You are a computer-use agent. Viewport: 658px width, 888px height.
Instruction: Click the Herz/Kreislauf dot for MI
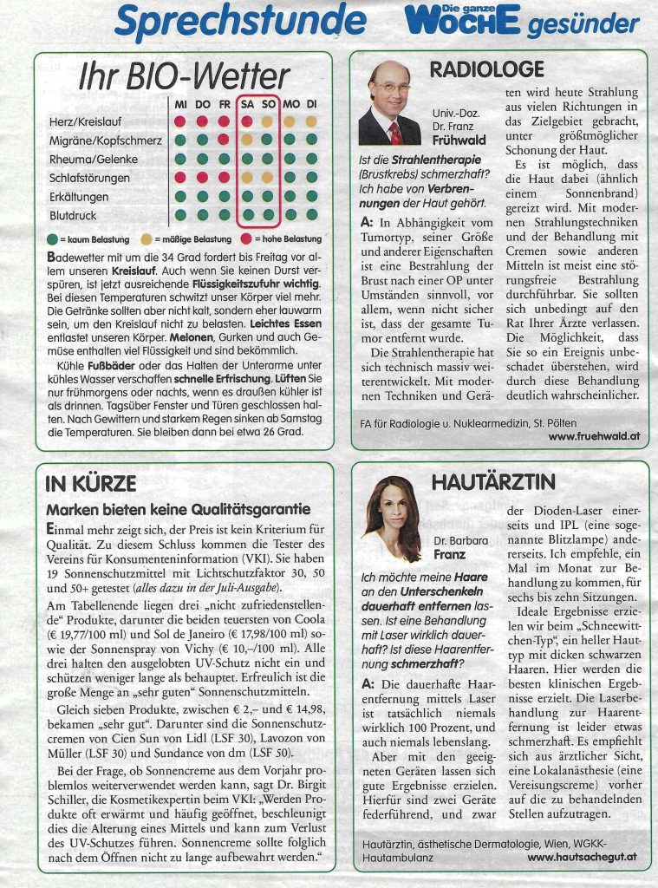180,121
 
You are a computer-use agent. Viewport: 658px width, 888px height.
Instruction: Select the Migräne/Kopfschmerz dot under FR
224,140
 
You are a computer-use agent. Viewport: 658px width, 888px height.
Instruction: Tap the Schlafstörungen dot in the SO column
269,178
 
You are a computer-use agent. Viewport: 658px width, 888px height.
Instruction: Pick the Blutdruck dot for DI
312,215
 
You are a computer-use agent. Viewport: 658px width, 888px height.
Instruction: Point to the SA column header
246,104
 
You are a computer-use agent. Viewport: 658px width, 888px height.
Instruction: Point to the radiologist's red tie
395,132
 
